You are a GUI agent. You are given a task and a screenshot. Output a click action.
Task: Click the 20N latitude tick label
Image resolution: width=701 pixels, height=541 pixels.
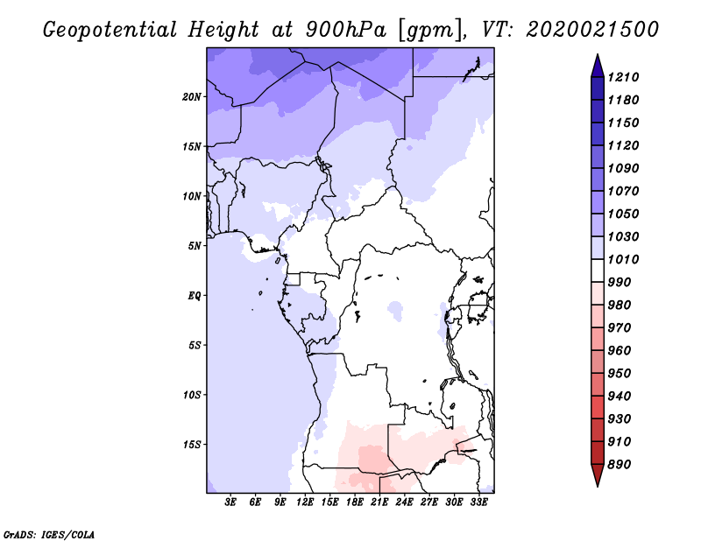192,96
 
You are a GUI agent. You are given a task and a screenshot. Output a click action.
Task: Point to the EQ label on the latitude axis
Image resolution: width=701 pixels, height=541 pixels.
195,295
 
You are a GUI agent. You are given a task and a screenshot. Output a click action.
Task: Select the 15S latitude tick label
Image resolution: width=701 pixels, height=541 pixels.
192,444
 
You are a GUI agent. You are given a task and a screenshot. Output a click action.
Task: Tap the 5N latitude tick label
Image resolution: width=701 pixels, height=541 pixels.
195,245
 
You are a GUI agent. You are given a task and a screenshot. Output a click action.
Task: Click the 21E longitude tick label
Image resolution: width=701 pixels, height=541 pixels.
379,502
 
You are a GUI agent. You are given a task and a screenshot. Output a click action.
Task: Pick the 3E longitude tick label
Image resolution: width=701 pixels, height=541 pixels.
231,502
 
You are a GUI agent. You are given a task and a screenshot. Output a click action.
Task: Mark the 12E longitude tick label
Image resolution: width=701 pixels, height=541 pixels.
305,502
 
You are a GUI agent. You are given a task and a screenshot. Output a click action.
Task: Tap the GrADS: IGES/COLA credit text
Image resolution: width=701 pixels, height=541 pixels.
49,533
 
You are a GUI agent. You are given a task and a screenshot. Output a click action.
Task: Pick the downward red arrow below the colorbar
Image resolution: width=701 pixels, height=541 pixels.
597,478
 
